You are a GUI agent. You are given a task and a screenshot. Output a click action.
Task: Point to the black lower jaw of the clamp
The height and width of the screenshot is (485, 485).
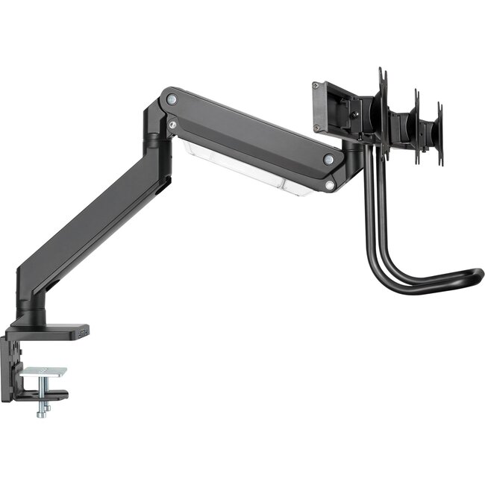[x=45, y=395]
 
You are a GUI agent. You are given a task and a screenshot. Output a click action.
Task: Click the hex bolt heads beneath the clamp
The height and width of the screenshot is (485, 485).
[x=43, y=410]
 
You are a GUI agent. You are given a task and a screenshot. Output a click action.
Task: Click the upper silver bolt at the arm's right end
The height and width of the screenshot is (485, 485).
[x=328, y=159]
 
